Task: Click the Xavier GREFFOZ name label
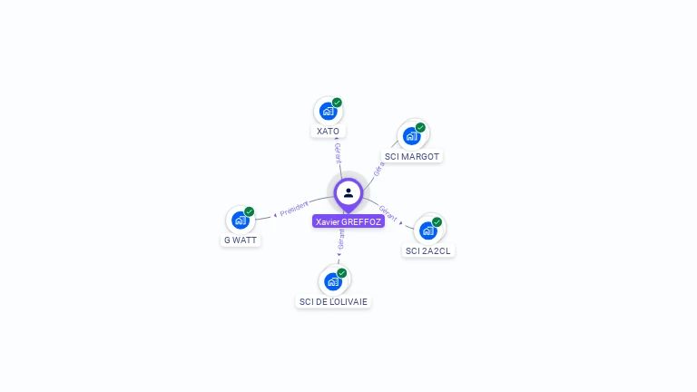pyautogui.click(x=348, y=221)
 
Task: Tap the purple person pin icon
pyautogui.click(x=348, y=193)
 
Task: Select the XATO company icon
pyautogui.click(x=328, y=112)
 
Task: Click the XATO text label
pyautogui.click(x=328, y=132)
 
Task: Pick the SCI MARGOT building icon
pyautogui.click(x=412, y=136)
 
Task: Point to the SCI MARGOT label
pyautogui.click(x=412, y=157)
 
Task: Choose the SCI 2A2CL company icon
pyautogui.click(x=427, y=230)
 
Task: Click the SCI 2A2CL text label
pyautogui.click(x=428, y=250)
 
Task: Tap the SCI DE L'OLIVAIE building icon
pyautogui.click(x=333, y=281)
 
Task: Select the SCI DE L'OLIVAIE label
pyautogui.click(x=334, y=301)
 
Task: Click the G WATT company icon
pyautogui.click(x=241, y=220)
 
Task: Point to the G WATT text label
pyautogui.click(x=241, y=240)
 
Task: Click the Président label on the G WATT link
pyautogui.click(x=294, y=209)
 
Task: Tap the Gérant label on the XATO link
pyautogui.click(x=339, y=152)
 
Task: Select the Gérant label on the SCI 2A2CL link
pyautogui.click(x=388, y=213)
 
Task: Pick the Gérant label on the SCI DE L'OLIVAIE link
pyautogui.click(x=341, y=240)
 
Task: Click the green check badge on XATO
pyautogui.click(x=337, y=103)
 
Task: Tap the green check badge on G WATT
pyautogui.click(x=250, y=211)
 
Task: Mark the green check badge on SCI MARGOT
pyautogui.click(x=420, y=127)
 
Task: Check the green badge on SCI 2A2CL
pyautogui.click(x=437, y=222)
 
